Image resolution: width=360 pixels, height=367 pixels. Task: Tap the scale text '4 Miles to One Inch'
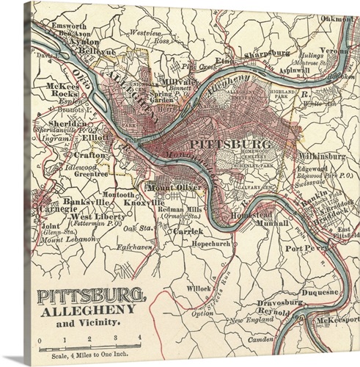[x=80, y=356]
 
